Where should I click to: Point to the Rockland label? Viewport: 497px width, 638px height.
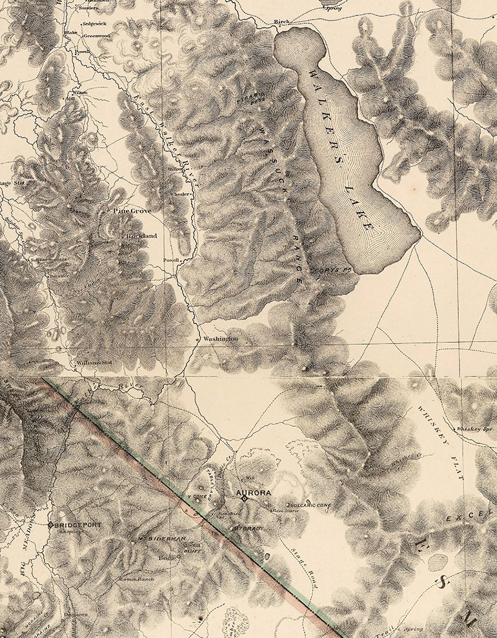[141, 236]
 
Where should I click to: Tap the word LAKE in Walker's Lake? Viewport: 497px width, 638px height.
[358, 207]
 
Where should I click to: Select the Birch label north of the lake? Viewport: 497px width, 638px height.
[281, 22]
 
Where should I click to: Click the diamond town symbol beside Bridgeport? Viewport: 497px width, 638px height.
[50, 525]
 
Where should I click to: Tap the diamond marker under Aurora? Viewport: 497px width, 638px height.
[245, 499]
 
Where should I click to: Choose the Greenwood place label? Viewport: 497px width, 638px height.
[97, 36]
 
